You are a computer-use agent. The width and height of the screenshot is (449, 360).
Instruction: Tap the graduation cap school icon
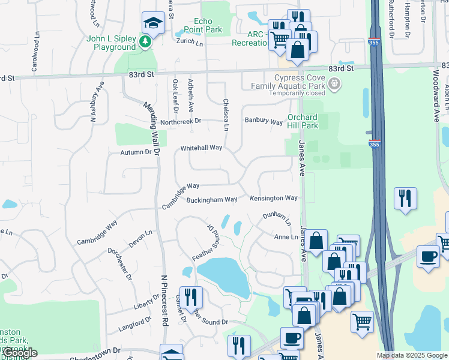pos(152,23)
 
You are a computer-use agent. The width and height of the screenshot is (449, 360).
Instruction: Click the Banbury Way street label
pos(263,121)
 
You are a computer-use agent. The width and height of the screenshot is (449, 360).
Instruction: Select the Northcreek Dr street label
pos(180,121)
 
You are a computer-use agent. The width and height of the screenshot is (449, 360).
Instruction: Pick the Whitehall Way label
pos(202,148)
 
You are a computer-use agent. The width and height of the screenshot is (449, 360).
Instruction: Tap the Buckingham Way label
pos(212,200)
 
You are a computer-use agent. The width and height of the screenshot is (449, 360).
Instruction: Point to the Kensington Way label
pos(274,198)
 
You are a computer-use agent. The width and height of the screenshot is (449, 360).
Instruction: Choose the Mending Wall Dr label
pos(150,127)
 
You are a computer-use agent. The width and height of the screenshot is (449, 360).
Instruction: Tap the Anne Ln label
pos(286,237)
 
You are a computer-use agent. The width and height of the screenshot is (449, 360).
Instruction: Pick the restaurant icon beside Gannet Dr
pos(191,296)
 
